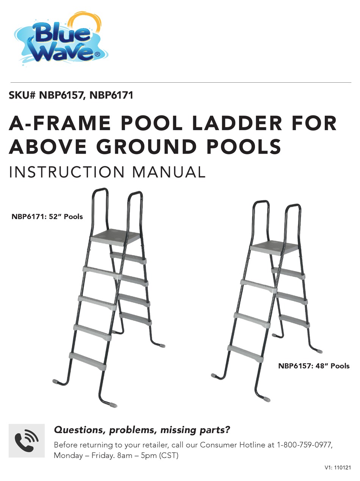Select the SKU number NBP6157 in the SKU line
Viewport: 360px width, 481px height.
click(61, 95)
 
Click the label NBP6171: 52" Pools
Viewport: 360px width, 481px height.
click(47, 217)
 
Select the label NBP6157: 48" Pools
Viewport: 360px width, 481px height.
click(314, 366)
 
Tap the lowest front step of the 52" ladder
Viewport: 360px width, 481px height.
click(88, 360)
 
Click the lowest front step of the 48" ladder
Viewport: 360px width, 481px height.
click(246, 353)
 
